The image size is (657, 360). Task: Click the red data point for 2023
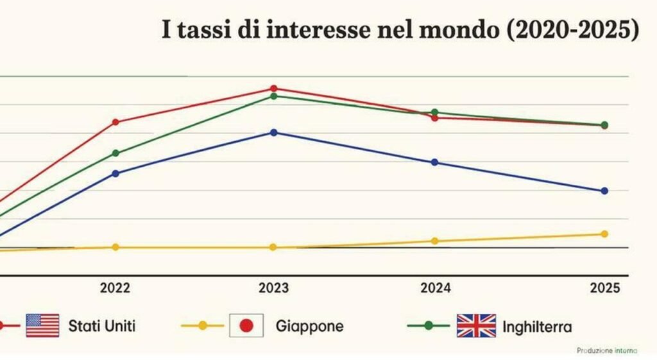coord(273,89)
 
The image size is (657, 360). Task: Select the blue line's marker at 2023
coord(273,132)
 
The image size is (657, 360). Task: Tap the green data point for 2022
coord(115,153)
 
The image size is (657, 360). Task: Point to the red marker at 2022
coord(115,122)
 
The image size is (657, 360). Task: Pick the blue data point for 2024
coord(434,162)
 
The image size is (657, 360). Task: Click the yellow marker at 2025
coord(604,234)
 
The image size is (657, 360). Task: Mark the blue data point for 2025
coord(604,191)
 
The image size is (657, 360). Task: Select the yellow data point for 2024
coord(434,241)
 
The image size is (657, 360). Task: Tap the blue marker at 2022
coord(115,173)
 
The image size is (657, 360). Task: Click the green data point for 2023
coord(273,96)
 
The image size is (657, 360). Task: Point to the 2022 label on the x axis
coord(115,288)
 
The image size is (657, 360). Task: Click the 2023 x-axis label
coord(273,288)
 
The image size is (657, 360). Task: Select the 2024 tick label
coord(436,288)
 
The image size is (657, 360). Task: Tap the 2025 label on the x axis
coord(604,288)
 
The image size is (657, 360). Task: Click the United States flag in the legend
coord(42,325)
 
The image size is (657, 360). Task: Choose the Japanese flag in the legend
coord(246,325)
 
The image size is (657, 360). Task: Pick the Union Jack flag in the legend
coord(476,325)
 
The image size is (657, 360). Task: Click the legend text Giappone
coord(310,326)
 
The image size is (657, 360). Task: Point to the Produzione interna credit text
coord(607,350)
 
